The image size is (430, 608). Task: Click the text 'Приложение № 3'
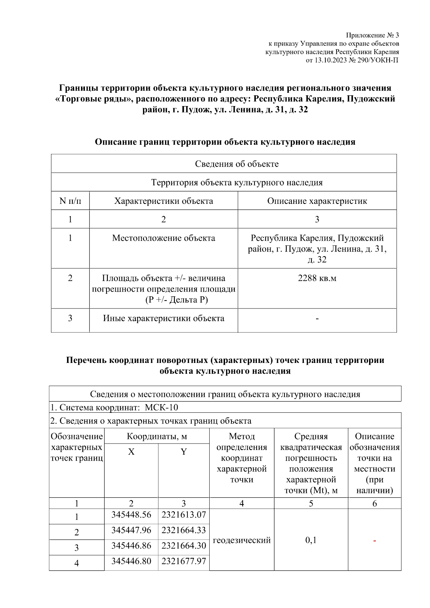(x=372, y=35)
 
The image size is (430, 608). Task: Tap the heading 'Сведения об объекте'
(x=236, y=164)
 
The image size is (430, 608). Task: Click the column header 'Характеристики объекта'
(x=163, y=201)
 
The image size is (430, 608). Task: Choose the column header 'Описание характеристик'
(x=317, y=201)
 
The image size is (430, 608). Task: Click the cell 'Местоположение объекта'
(x=163, y=238)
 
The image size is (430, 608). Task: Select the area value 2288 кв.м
(x=317, y=278)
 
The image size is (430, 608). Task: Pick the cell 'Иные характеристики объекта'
(x=163, y=318)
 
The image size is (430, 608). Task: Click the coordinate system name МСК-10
(x=161, y=407)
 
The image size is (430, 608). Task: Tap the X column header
(x=131, y=452)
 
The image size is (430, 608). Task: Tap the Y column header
(x=183, y=452)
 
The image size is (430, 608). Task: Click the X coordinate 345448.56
(x=131, y=515)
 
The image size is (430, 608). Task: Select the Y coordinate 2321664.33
(x=183, y=530)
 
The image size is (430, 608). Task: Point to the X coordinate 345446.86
(x=131, y=546)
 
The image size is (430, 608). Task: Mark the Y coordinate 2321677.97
(x=183, y=561)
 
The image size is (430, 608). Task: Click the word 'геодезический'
(x=242, y=540)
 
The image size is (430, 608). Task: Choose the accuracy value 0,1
(x=311, y=540)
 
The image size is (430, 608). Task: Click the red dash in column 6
(x=374, y=540)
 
